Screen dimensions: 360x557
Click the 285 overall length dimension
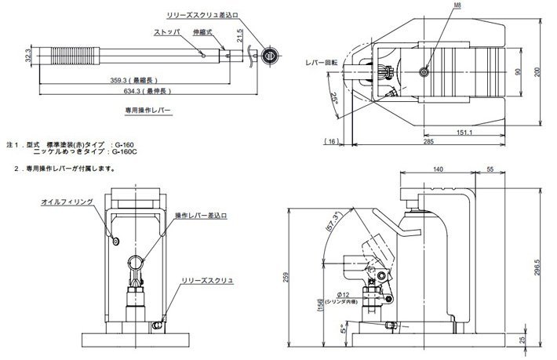click(450, 144)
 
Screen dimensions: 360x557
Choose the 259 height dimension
click(295, 277)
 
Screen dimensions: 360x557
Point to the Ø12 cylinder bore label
click(406, 294)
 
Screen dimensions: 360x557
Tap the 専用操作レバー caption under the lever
click(147, 111)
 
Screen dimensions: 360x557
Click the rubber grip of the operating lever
click(68, 56)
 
